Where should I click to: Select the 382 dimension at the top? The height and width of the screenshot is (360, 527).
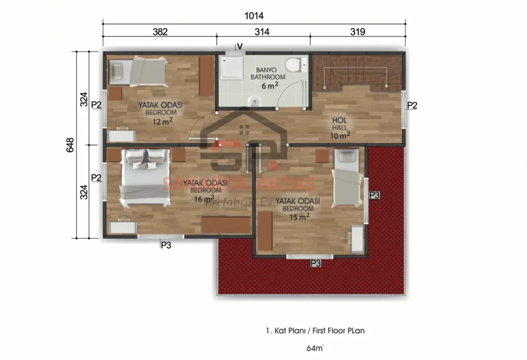(x=160, y=32)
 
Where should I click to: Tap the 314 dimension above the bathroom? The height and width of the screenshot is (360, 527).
(x=262, y=32)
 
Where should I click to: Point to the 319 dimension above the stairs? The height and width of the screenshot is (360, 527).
(x=357, y=32)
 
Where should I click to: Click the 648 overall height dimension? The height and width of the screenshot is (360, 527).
(x=71, y=146)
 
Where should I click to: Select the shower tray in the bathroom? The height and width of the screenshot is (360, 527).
(x=231, y=67)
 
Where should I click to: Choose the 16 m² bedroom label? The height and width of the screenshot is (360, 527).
(x=199, y=190)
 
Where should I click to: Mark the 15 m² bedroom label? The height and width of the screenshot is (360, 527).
(x=297, y=208)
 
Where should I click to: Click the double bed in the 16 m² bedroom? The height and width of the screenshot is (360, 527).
(x=145, y=177)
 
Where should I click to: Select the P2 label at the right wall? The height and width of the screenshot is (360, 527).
(x=412, y=106)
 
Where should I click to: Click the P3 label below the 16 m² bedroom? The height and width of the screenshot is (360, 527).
(x=166, y=245)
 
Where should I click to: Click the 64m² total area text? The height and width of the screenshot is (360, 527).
(x=315, y=348)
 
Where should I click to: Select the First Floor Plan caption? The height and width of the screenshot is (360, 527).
(x=315, y=331)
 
